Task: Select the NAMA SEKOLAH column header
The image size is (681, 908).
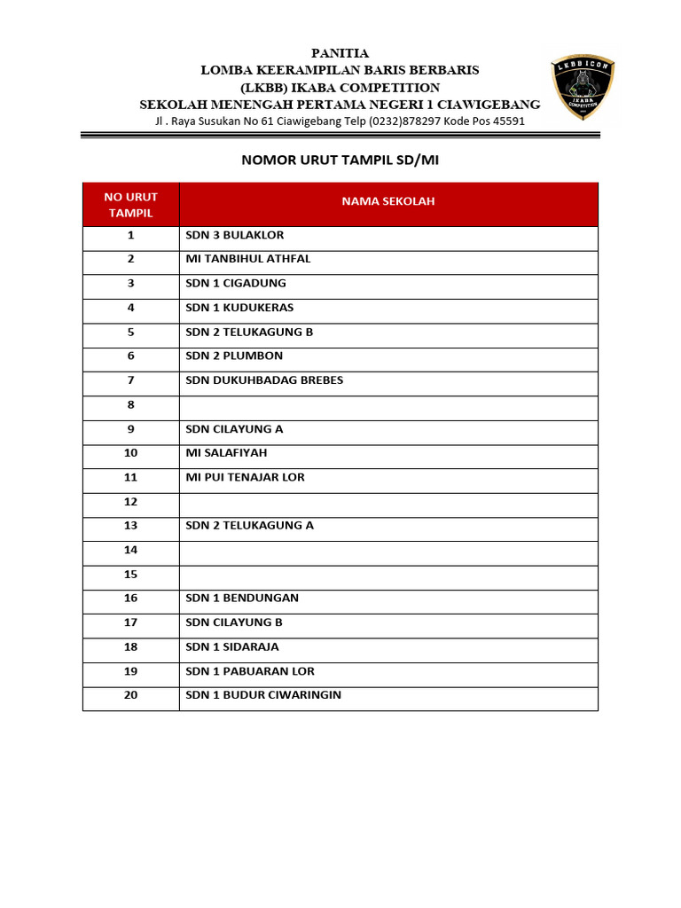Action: [x=388, y=202]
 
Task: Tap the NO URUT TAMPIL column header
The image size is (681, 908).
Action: [x=130, y=205]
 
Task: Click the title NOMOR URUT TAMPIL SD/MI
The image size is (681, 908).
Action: [x=340, y=160]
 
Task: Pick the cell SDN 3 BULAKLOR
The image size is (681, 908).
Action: [x=235, y=236]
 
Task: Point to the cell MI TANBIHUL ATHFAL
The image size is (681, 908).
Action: [x=248, y=260]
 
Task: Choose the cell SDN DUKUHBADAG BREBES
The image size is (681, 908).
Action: [x=264, y=380]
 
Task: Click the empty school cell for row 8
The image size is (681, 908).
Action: [x=388, y=405]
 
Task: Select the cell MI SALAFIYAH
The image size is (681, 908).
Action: [x=226, y=453]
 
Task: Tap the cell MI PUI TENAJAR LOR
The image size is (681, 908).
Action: [x=245, y=477]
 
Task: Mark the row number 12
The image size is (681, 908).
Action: [x=130, y=502]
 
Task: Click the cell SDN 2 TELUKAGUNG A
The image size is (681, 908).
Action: [x=250, y=526]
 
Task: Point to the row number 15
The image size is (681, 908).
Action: [x=130, y=575]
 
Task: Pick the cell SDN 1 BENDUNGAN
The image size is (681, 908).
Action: [x=242, y=599]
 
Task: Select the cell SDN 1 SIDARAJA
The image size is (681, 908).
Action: [x=235, y=647]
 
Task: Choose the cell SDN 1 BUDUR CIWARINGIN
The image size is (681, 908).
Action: [x=263, y=695]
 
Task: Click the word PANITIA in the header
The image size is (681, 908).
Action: [x=340, y=53]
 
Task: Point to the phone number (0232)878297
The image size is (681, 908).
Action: [x=393, y=121]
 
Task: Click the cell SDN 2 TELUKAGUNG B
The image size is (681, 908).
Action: [x=249, y=333]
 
